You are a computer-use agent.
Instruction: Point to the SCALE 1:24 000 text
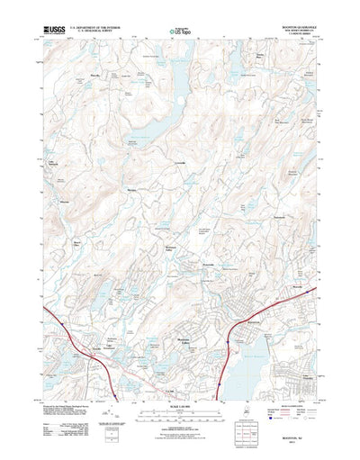[179, 388]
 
